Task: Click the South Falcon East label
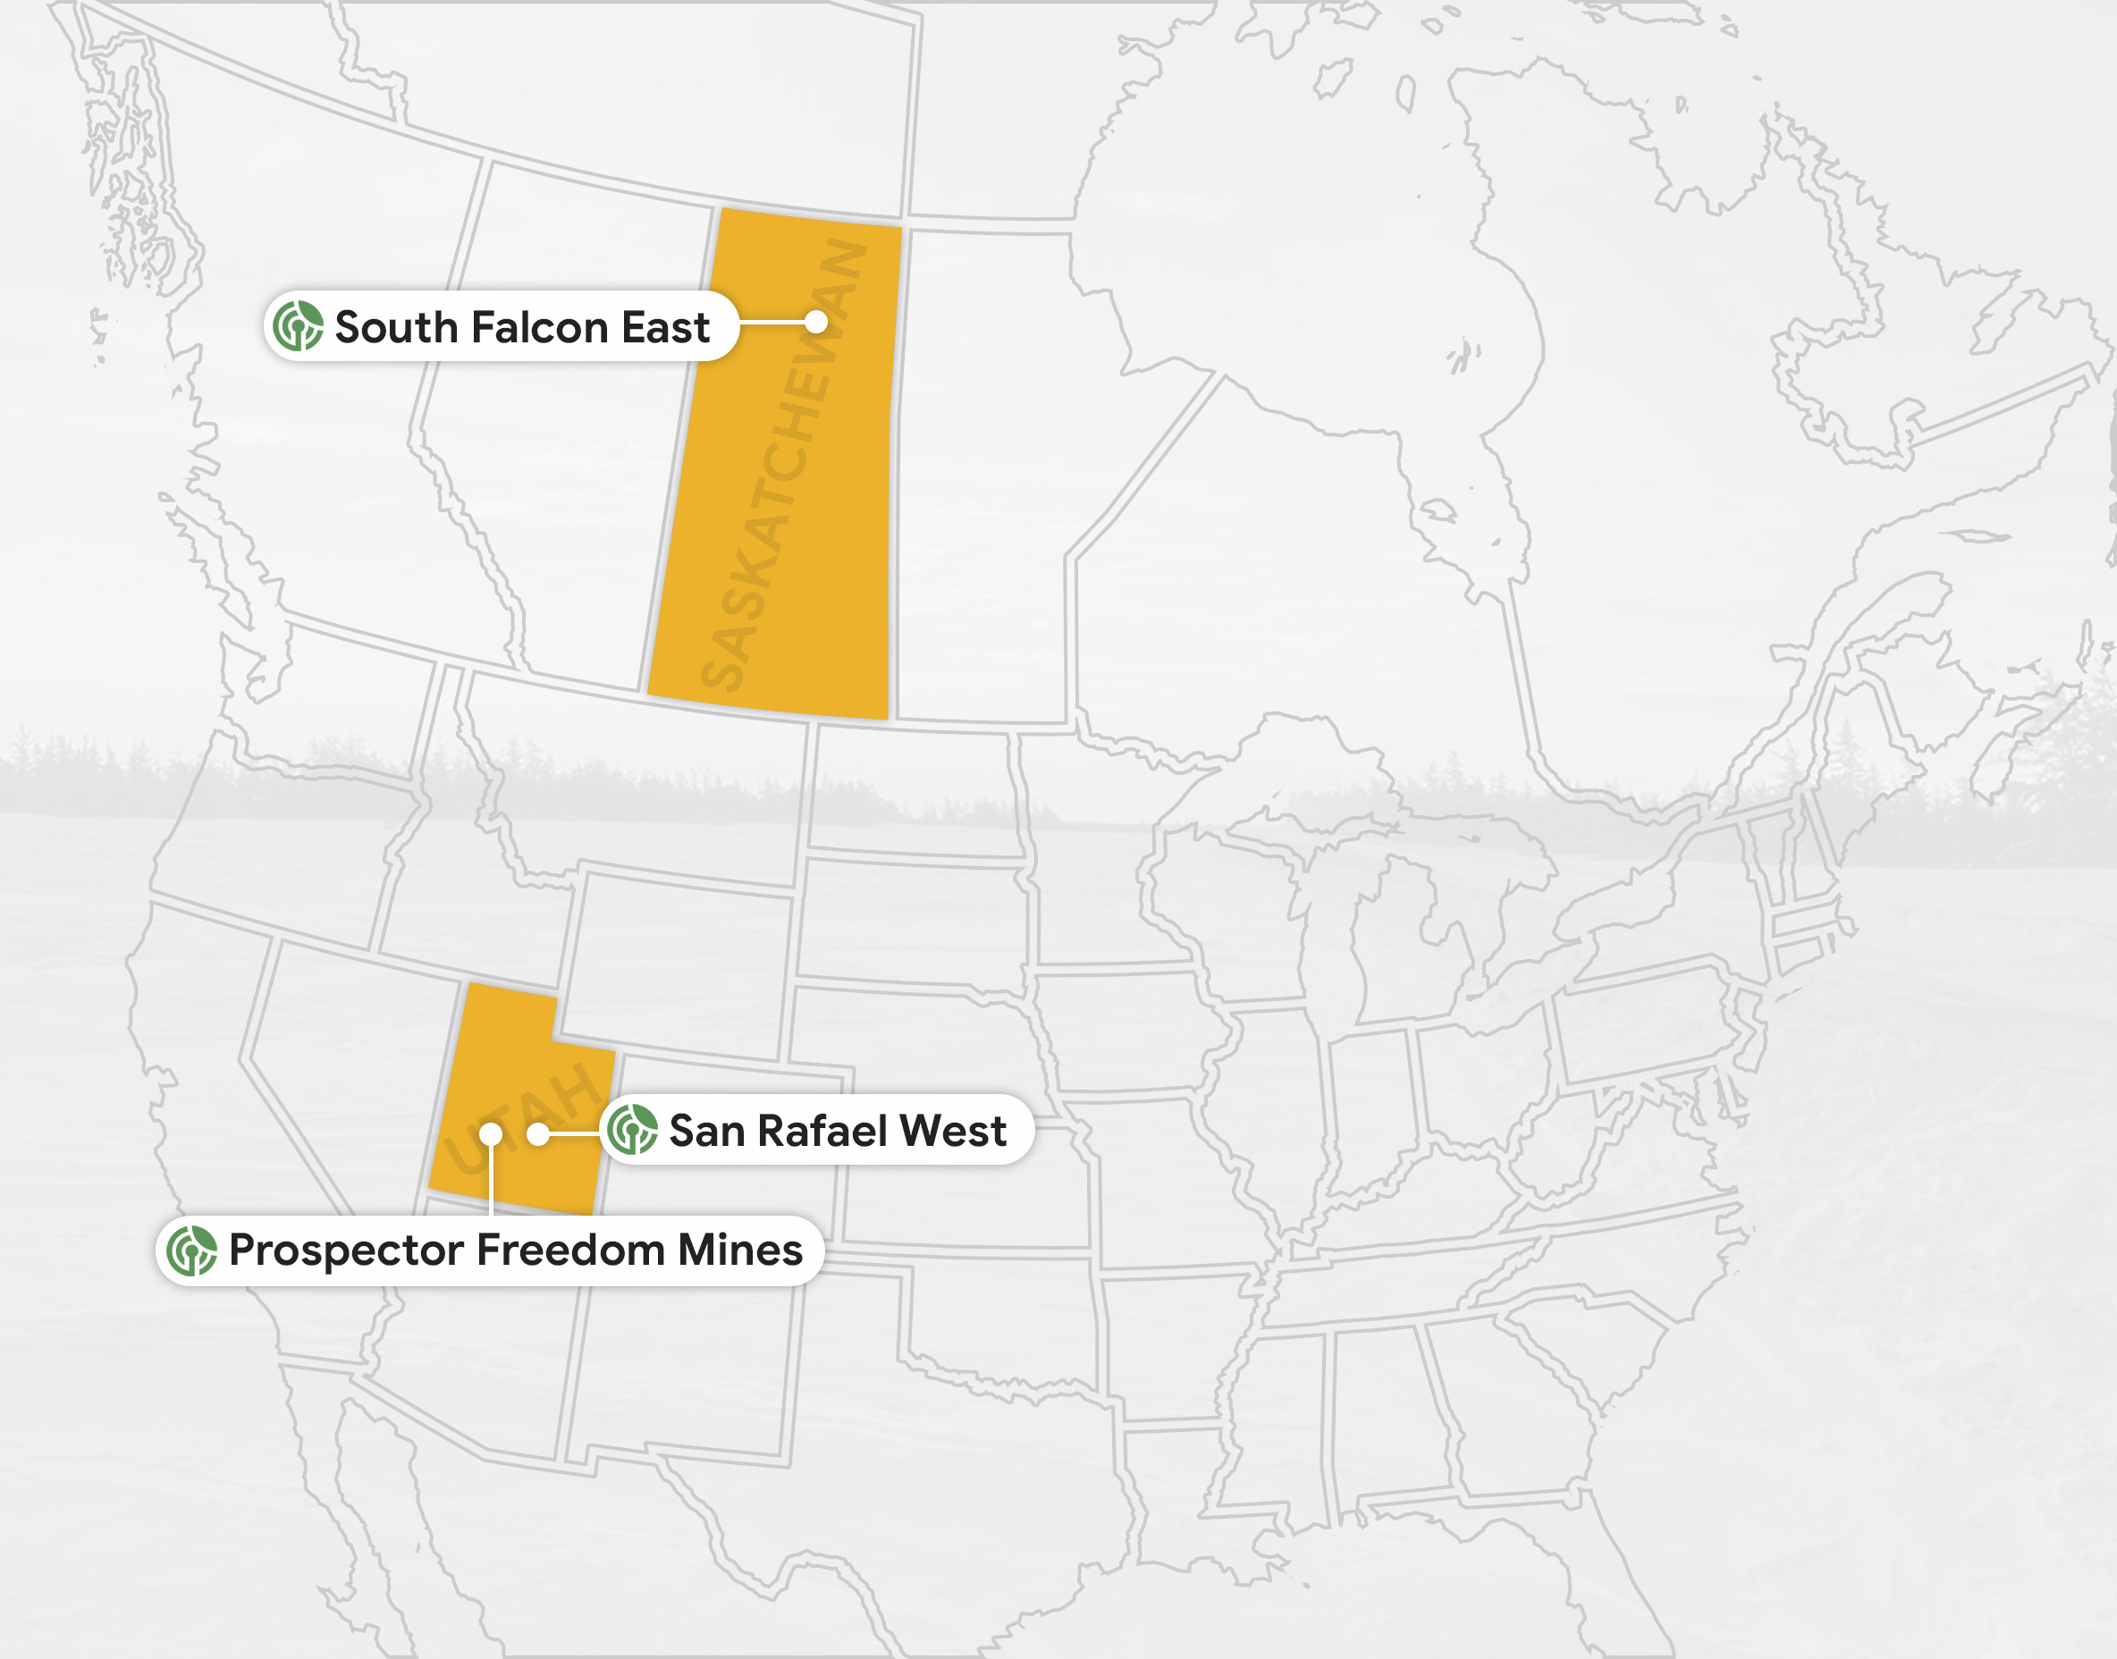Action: [x=502, y=326]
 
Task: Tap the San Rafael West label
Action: [x=816, y=1130]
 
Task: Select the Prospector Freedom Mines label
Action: [x=490, y=1251]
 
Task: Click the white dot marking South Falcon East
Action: [x=816, y=322]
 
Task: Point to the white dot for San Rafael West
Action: [x=538, y=1133]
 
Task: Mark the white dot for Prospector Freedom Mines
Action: [x=491, y=1133]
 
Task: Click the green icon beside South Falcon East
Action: [x=298, y=326]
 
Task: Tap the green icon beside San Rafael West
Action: [x=632, y=1130]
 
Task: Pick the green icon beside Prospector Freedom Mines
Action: [x=191, y=1251]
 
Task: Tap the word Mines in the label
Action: [x=740, y=1251]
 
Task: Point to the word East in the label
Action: [x=665, y=327]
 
